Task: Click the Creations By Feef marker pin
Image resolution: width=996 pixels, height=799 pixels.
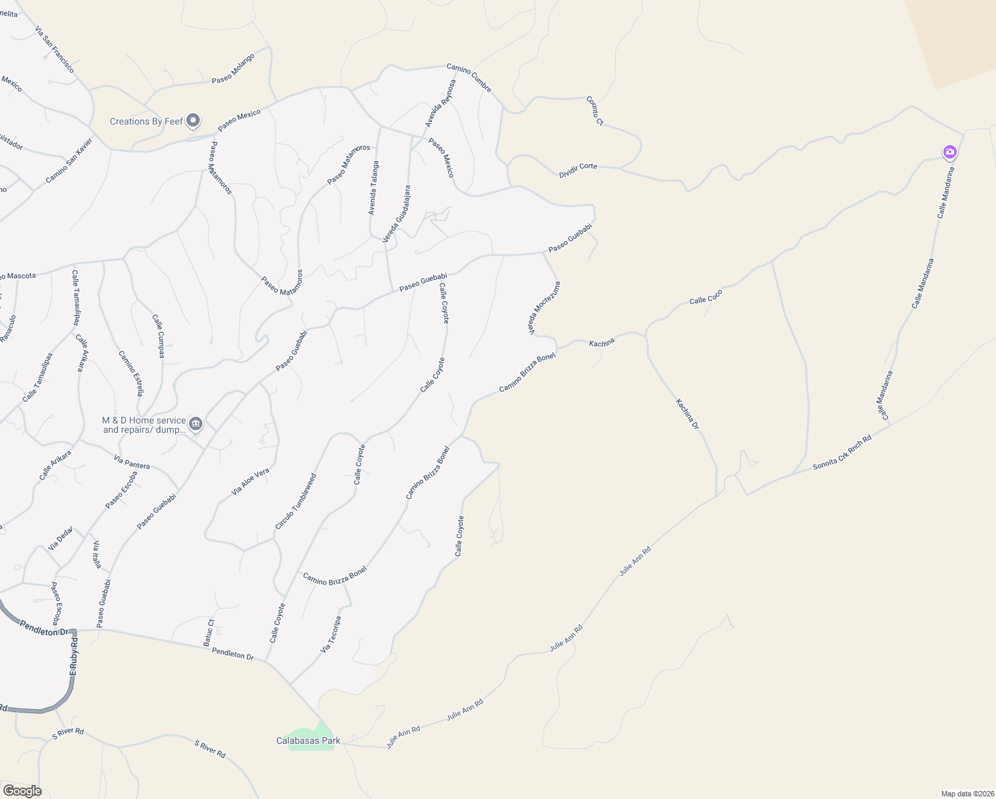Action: (x=193, y=121)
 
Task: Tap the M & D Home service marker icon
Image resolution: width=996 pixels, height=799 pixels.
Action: (x=196, y=423)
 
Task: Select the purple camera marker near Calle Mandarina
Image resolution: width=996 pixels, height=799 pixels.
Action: (x=950, y=152)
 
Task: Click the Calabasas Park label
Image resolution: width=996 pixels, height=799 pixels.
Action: (x=308, y=740)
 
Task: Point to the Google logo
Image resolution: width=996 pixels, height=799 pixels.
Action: (x=22, y=791)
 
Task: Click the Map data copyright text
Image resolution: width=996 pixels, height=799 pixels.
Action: (x=967, y=794)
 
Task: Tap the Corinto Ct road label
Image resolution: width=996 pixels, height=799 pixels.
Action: (x=595, y=111)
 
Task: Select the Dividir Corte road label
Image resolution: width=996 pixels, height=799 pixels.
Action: (x=578, y=170)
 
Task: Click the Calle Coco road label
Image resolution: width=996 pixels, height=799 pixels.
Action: (x=706, y=296)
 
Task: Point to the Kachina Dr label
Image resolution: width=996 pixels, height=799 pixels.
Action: (x=688, y=413)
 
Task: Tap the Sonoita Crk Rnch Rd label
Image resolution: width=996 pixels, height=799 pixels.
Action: (x=842, y=453)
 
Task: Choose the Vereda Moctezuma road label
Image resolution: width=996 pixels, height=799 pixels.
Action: (x=545, y=308)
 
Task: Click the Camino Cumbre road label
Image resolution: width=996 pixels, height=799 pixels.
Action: (x=469, y=77)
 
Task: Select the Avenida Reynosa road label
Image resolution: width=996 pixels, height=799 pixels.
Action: (x=441, y=103)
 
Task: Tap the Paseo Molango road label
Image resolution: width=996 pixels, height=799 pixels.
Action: (x=233, y=69)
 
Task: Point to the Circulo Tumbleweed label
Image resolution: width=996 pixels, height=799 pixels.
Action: (x=296, y=501)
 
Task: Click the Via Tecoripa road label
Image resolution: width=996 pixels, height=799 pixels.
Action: (x=331, y=634)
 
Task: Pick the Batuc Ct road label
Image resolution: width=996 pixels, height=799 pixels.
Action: (x=208, y=633)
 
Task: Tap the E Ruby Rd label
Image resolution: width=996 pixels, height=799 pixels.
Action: (x=73, y=655)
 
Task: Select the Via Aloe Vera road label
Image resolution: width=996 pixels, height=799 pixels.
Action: (x=250, y=481)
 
